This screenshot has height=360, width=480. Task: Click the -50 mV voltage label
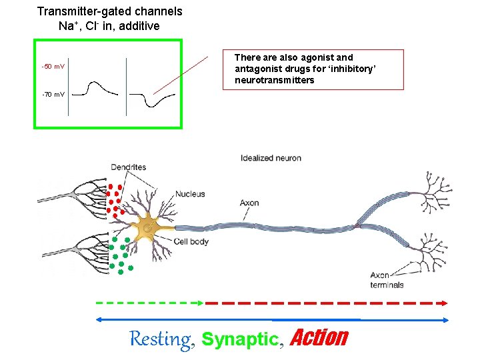[x=53, y=67]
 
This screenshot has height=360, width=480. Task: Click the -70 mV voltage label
[x=53, y=95]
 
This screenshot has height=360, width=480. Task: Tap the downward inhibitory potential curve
[x=153, y=100]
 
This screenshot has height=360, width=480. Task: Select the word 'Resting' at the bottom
[x=159, y=339]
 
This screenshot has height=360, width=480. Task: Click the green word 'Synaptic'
[x=239, y=339]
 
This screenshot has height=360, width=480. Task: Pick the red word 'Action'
[x=319, y=338]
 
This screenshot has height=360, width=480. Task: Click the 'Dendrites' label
[x=129, y=167]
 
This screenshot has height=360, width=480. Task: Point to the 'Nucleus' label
[x=190, y=194]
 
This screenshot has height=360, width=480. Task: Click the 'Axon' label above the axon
[x=249, y=203]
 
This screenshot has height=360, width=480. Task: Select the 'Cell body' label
[x=191, y=241]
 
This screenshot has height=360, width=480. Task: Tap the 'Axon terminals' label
[x=387, y=280]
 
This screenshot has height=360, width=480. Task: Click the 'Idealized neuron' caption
[x=271, y=158]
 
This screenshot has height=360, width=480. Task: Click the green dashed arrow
[x=150, y=302]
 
